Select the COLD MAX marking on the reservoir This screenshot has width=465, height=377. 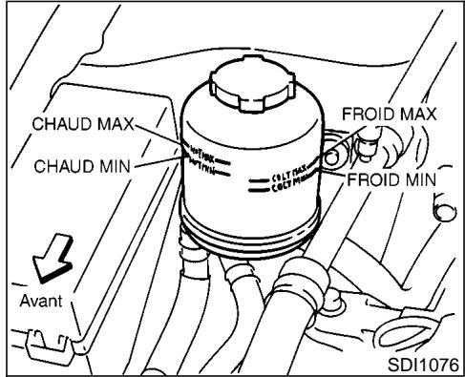pos(287,178)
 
